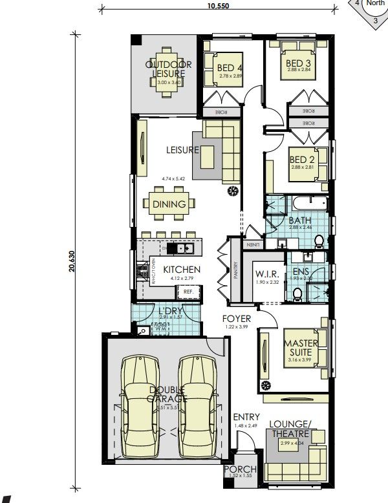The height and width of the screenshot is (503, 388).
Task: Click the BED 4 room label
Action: point(230,68)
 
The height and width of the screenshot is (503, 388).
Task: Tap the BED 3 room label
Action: point(298,63)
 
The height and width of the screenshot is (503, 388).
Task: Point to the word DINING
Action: point(169,204)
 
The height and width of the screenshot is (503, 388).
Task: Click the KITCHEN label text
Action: point(180,270)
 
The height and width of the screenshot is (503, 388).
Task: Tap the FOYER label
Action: point(236,319)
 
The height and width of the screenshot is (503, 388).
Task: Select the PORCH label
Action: point(240,469)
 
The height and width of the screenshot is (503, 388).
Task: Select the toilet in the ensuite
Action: point(297,294)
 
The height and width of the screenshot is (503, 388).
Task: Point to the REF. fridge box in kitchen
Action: point(189,292)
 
